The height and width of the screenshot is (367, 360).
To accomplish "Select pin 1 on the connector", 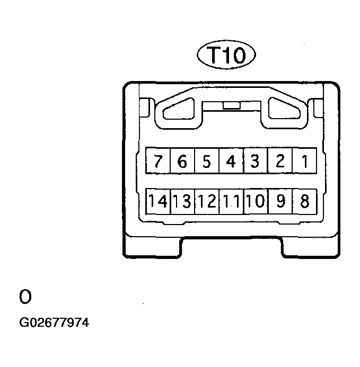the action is (305, 160).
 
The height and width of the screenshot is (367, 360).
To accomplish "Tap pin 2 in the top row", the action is (280, 160).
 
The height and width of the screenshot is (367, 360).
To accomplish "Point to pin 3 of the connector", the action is (256, 160).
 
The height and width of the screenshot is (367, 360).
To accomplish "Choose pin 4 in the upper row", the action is (231, 160).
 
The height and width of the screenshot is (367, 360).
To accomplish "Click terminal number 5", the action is (207, 160).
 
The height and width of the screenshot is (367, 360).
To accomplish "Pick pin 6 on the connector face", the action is (182, 160).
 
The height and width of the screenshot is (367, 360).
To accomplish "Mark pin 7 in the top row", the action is (158, 160).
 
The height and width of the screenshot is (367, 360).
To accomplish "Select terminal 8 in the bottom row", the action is (305, 202).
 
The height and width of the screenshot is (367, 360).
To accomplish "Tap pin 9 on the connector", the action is (280, 202).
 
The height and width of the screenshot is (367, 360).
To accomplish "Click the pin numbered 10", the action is (256, 202).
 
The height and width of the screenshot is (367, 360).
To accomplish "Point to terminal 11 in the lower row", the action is (231, 202).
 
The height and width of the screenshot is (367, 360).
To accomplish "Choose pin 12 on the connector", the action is (207, 202).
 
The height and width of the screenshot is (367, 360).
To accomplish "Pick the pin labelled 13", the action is (182, 202).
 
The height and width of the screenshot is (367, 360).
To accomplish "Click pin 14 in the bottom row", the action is (158, 202).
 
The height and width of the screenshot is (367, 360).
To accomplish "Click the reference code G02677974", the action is (54, 323).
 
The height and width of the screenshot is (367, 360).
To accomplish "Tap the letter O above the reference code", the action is (25, 297).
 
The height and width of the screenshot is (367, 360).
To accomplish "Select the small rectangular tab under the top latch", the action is (232, 105).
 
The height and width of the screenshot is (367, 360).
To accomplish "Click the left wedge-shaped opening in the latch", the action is (179, 109).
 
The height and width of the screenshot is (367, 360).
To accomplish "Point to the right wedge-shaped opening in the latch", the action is (284, 109).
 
